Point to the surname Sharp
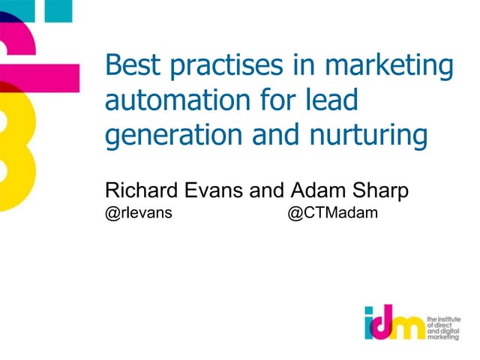(382, 191)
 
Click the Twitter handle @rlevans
(139, 214)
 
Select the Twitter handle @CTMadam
(332, 214)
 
